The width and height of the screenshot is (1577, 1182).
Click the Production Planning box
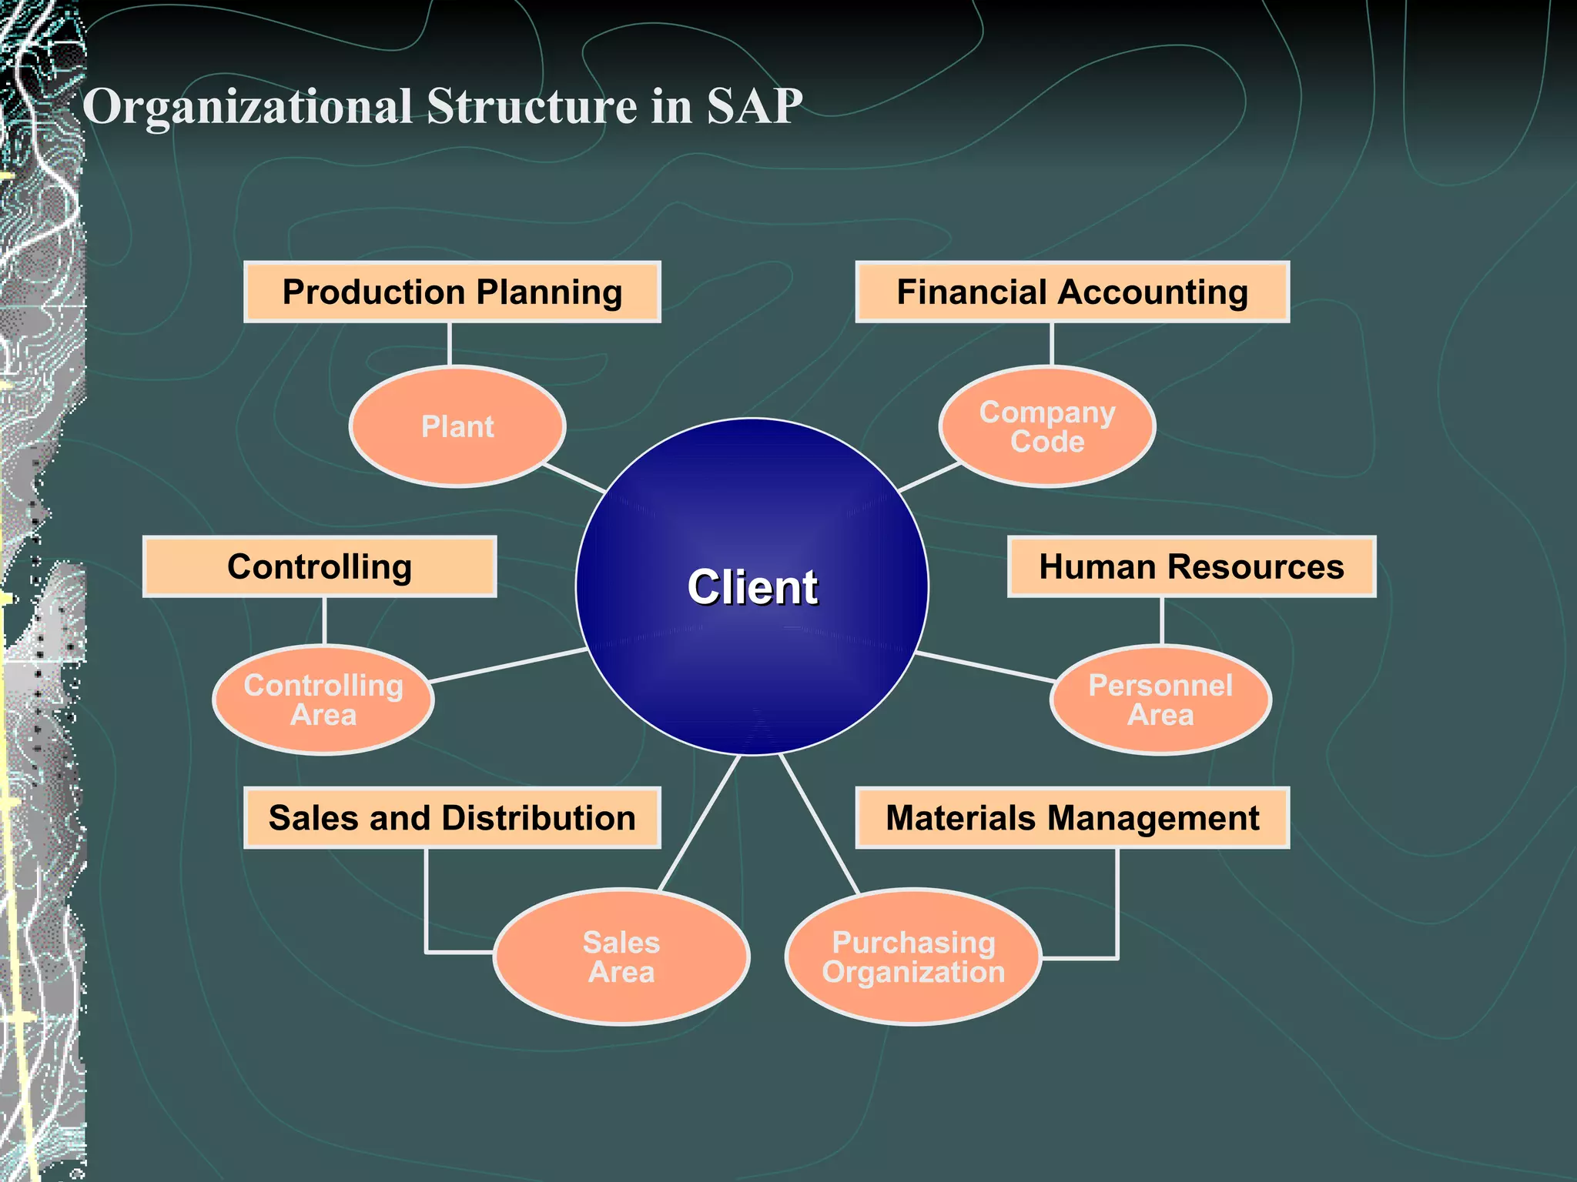pyautogui.click(x=452, y=292)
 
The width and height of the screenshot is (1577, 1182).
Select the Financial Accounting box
pyautogui.click(x=1072, y=292)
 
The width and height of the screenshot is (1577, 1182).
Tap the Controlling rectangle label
pyautogui.click(x=320, y=567)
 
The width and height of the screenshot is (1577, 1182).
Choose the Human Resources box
pyautogui.click(x=1191, y=567)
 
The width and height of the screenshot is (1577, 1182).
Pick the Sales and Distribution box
pyautogui.click(x=452, y=818)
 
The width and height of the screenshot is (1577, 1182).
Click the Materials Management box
pyautogui.click(x=1072, y=818)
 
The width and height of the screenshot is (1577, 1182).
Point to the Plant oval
pyautogui.click(x=457, y=426)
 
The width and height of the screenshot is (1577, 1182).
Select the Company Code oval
pyautogui.click(x=1047, y=426)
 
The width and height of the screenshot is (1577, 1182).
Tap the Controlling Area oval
pyautogui.click(x=323, y=700)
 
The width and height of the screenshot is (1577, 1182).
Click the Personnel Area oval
pyautogui.click(x=1160, y=700)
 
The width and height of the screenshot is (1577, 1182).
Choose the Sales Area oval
pyautogui.click(x=621, y=957)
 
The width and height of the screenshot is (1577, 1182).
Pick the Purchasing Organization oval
pyautogui.click(x=913, y=957)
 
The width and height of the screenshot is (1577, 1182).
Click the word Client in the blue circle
pyautogui.click(x=752, y=587)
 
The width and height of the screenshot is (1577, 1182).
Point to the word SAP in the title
pyautogui.click(x=755, y=105)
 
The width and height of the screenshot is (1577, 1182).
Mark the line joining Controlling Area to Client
pyautogui.click(x=508, y=666)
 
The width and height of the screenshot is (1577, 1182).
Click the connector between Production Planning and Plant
pyautogui.click(x=450, y=344)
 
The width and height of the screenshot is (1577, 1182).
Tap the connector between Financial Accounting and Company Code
pyautogui.click(x=1051, y=344)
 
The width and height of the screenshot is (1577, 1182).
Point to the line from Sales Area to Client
pyautogui.click(x=699, y=822)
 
